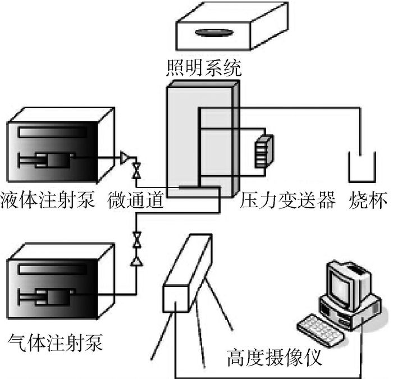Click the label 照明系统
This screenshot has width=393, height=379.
(204, 68)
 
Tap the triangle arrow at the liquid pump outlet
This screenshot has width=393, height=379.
(125, 159)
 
